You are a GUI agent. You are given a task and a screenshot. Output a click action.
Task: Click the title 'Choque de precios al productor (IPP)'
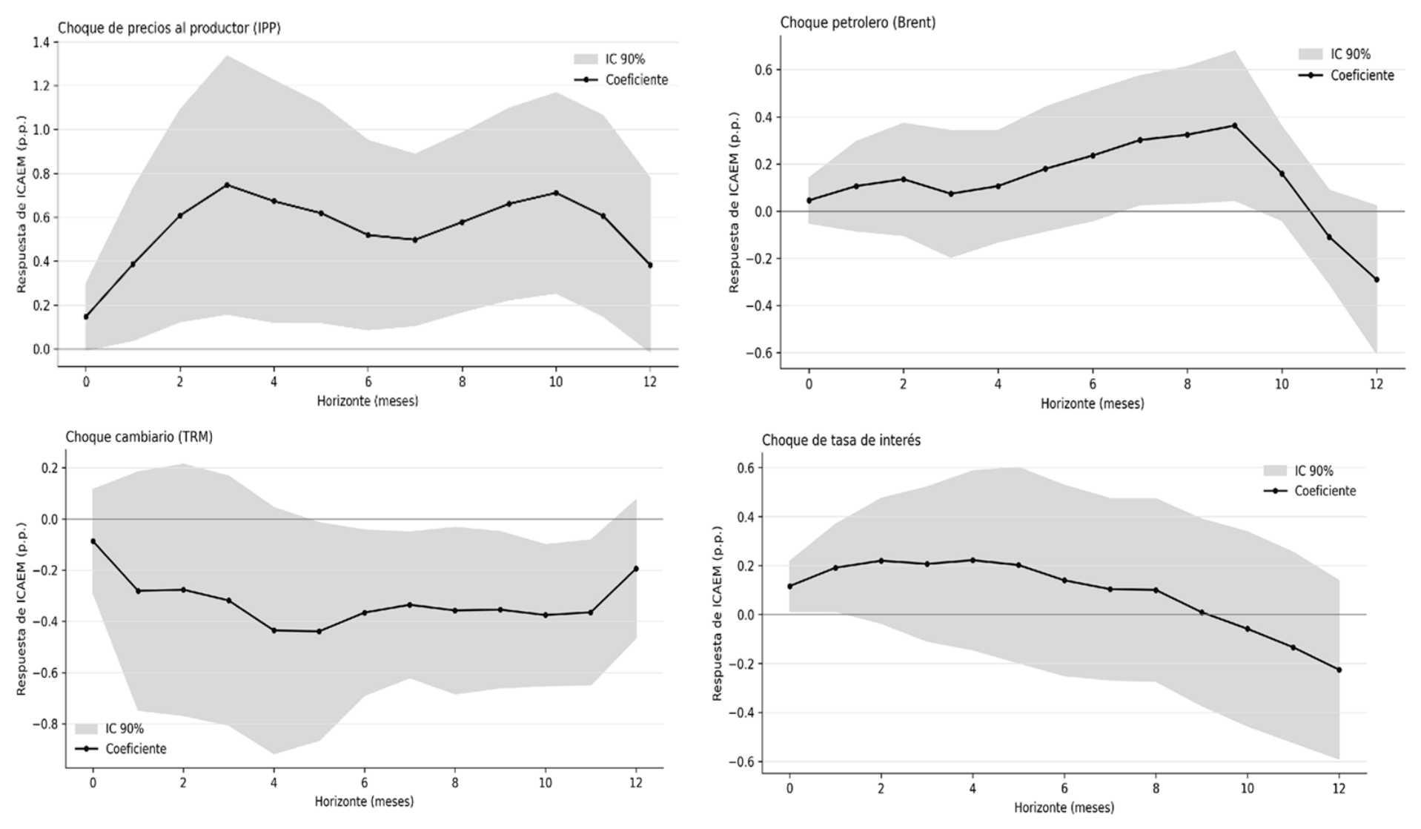coord(169,28)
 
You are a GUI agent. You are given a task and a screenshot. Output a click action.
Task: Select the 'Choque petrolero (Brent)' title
coord(858,23)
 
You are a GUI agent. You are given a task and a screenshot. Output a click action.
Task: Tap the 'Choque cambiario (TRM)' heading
coord(139,437)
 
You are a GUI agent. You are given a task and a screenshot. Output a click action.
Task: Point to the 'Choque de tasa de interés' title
coord(841,440)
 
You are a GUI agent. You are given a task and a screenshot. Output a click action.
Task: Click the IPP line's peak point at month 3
coord(227,185)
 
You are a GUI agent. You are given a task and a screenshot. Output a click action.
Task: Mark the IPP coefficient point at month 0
coord(86,317)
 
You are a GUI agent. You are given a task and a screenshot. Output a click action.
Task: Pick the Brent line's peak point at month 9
coord(1235,125)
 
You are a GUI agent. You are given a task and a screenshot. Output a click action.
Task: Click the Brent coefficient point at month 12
coord(1377,280)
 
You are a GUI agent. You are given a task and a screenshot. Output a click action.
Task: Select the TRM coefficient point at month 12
coord(636,569)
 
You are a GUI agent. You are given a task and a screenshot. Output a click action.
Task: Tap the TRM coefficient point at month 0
coord(93,541)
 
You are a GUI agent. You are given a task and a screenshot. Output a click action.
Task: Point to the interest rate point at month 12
coord(1339,670)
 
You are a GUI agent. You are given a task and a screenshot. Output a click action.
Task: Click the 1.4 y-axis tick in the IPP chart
coord(42,42)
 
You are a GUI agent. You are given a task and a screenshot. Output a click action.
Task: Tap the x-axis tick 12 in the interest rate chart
coord(1339,788)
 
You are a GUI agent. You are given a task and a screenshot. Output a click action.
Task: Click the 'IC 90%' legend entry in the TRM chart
coord(109,729)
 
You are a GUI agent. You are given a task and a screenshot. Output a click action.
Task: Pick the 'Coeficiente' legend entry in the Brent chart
coord(1346,76)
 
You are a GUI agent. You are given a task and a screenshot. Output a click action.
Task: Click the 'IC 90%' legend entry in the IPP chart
coord(609,59)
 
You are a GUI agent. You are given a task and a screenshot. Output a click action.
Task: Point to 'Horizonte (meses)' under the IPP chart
coord(368,401)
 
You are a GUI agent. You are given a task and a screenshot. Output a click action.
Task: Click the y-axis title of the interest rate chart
coord(718,614)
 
